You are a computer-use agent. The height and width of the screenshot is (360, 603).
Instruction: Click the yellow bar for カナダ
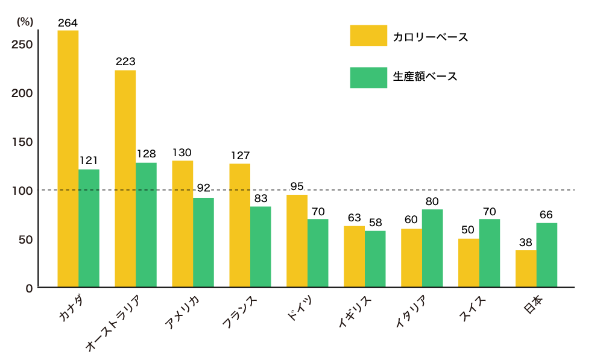68,159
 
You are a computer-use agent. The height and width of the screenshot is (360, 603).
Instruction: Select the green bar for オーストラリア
146,225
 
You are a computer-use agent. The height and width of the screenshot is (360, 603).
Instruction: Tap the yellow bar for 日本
526,269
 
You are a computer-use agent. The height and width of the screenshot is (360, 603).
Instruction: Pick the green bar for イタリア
432,248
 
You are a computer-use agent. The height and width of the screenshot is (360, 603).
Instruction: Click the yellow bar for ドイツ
297,241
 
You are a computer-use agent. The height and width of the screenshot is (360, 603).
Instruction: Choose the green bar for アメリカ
203,242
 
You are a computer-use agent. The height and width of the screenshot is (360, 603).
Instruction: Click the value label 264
68,23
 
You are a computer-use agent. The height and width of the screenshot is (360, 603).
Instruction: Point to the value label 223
125,62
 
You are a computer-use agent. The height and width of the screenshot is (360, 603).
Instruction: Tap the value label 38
526,242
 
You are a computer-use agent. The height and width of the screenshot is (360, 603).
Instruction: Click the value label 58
375,223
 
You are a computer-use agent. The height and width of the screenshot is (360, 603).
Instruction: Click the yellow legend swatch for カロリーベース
368,36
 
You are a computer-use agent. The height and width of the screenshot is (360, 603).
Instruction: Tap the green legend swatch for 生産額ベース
368,78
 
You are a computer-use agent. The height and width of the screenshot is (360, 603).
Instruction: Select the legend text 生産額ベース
425,77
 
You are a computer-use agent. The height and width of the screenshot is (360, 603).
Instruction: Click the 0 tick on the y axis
28,288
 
